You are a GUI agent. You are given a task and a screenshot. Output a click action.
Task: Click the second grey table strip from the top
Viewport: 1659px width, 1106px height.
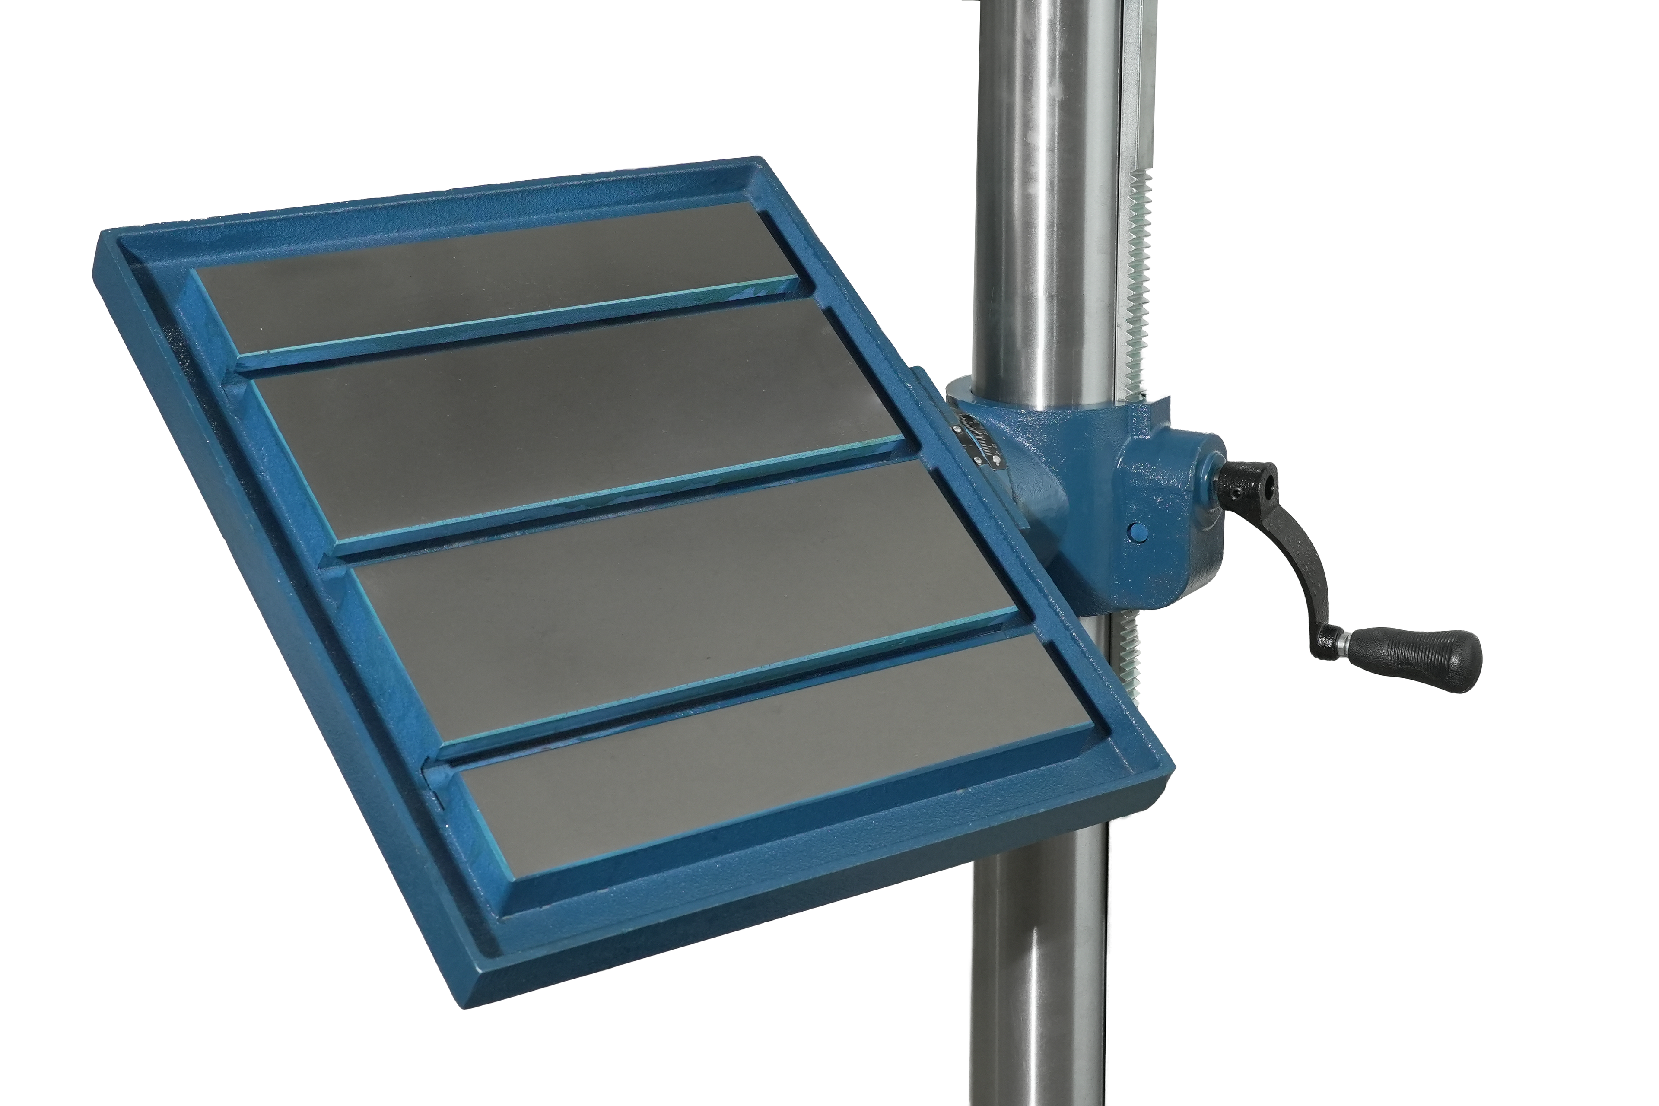pos(578,423)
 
